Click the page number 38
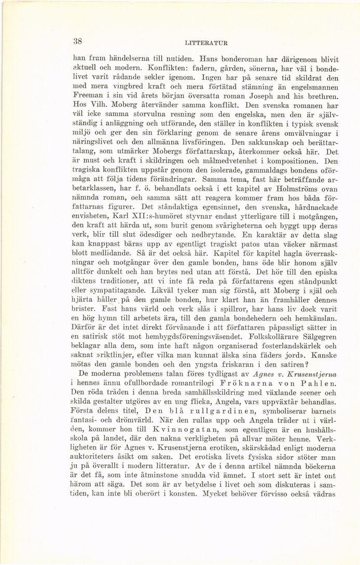pos(78,41)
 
